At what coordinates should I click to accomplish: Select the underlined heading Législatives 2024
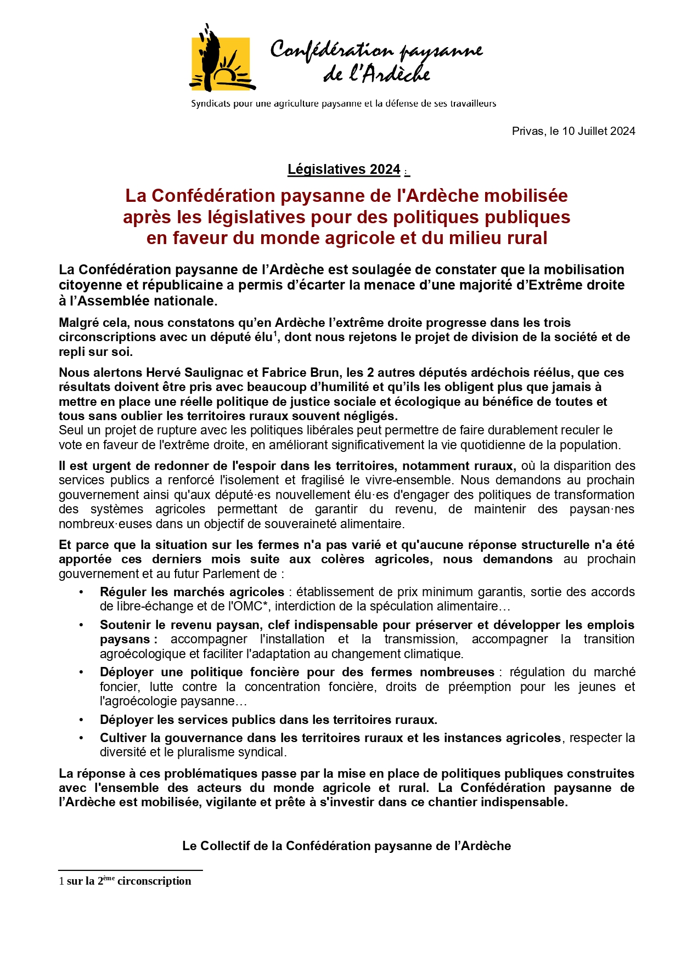[344, 169]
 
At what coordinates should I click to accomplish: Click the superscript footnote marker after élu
[275, 335]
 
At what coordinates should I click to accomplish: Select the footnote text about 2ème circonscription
[125, 881]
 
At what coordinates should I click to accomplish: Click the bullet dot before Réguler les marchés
[82, 592]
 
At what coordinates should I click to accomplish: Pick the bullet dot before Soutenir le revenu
[82, 625]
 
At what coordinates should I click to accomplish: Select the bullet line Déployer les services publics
[268, 720]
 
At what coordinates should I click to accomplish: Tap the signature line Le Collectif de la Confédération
[346, 846]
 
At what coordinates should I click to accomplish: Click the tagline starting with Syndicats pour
[344, 104]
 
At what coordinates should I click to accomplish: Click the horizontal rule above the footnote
[131, 870]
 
